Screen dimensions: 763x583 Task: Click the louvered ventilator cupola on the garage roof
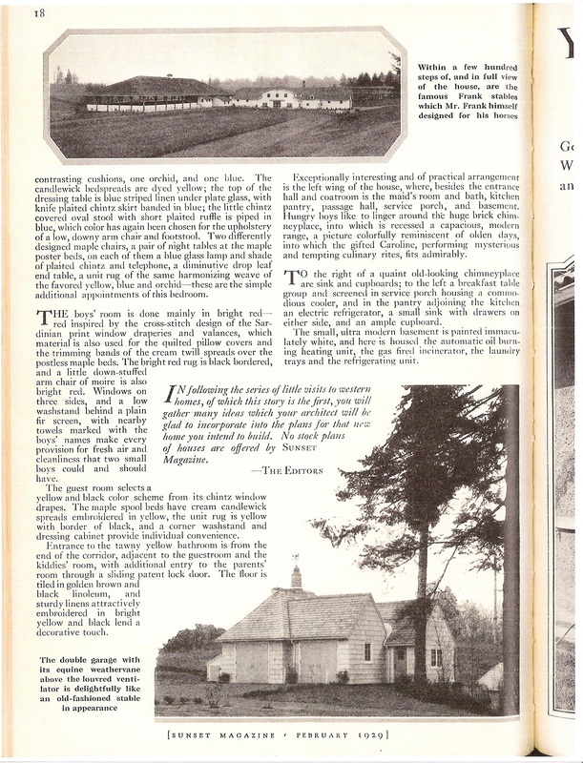tap(296, 577)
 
